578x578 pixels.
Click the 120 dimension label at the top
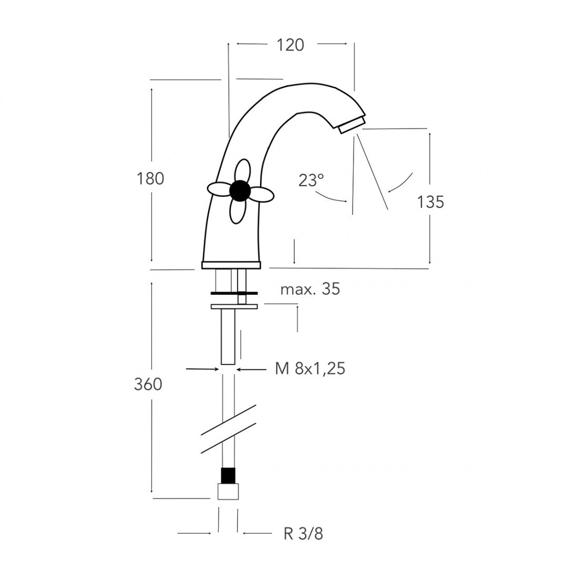pos(290,45)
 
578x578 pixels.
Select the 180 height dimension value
pos(151,179)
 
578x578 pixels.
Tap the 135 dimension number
pos(431,201)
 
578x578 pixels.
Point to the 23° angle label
pos(311,180)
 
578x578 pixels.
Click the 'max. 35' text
pos(310,289)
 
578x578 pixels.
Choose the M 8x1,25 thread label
pos(310,369)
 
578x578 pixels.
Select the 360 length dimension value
pos(148,385)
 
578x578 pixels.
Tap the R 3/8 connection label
pos(303,534)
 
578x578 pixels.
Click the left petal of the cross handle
pos(219,189)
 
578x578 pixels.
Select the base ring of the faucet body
pos(231,265)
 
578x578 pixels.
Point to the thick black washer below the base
pos(233,293)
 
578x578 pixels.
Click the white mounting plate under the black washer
pos(233,306)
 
